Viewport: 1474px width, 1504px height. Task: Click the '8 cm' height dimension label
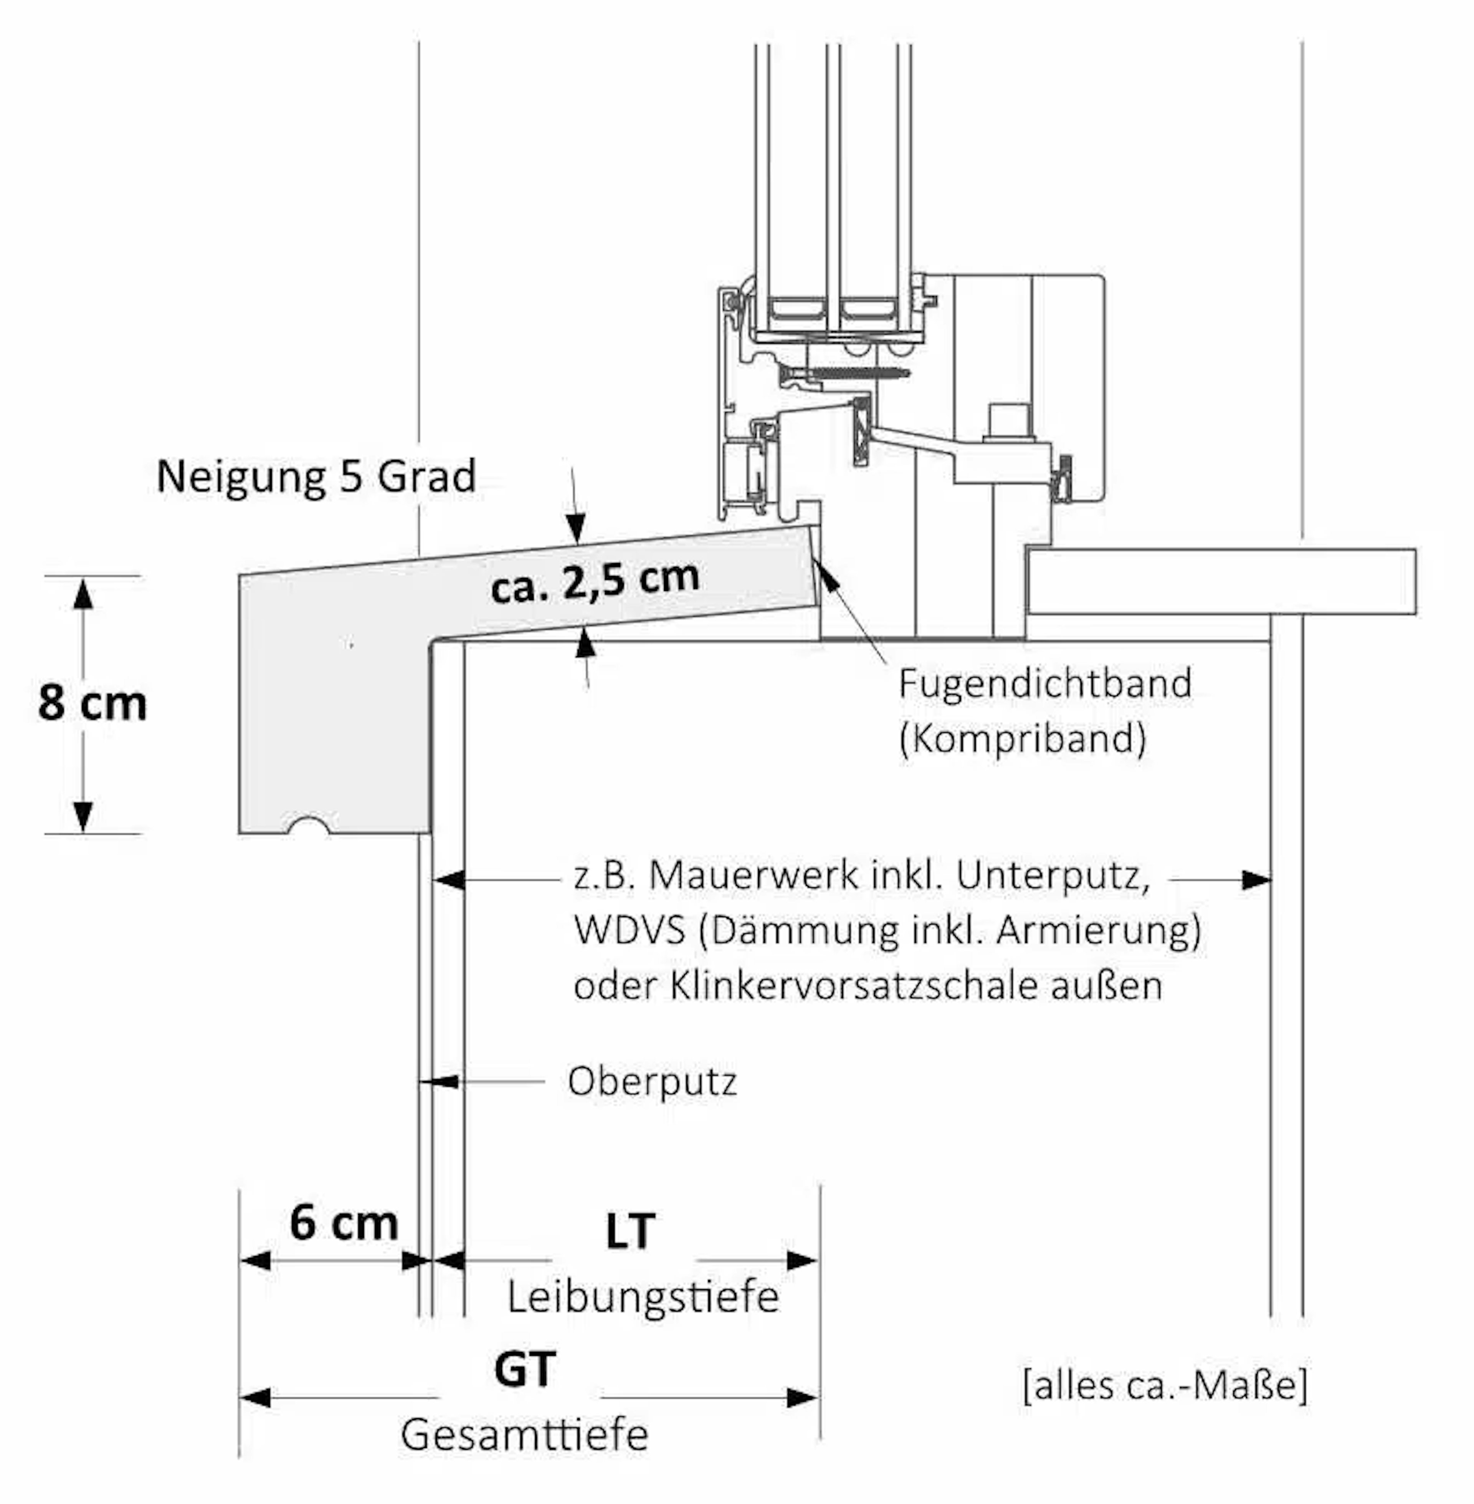[92, 703]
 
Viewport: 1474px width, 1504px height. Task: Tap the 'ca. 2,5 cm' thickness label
[595, 581]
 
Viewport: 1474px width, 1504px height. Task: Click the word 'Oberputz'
[652, 1081]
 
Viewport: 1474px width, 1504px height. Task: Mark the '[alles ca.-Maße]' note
[1165, 1385]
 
